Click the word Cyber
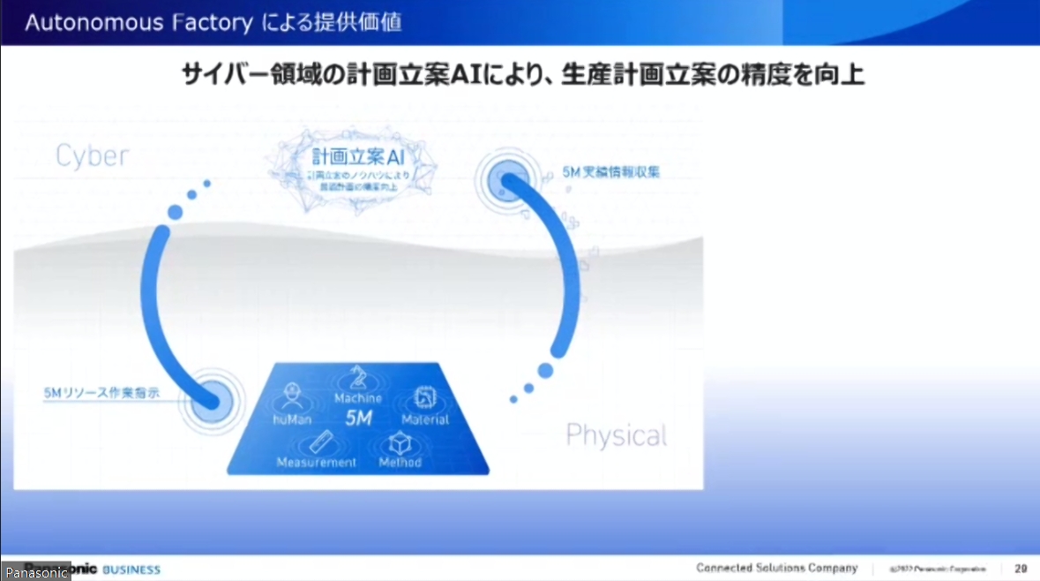click(92, 156)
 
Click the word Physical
click(616, 434)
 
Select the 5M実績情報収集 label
click(610, 173)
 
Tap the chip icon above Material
click(424, 398)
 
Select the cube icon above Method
click(400, 441)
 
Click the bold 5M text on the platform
click(359, 418)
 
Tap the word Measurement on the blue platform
click(317, 462)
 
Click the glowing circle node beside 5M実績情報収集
click(504, 182)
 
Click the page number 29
click(1021, 569)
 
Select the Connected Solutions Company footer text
click(776, 569)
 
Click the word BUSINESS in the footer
click(131, 570)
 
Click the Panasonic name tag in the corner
click(35, 573)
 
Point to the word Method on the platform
click(400, 462)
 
